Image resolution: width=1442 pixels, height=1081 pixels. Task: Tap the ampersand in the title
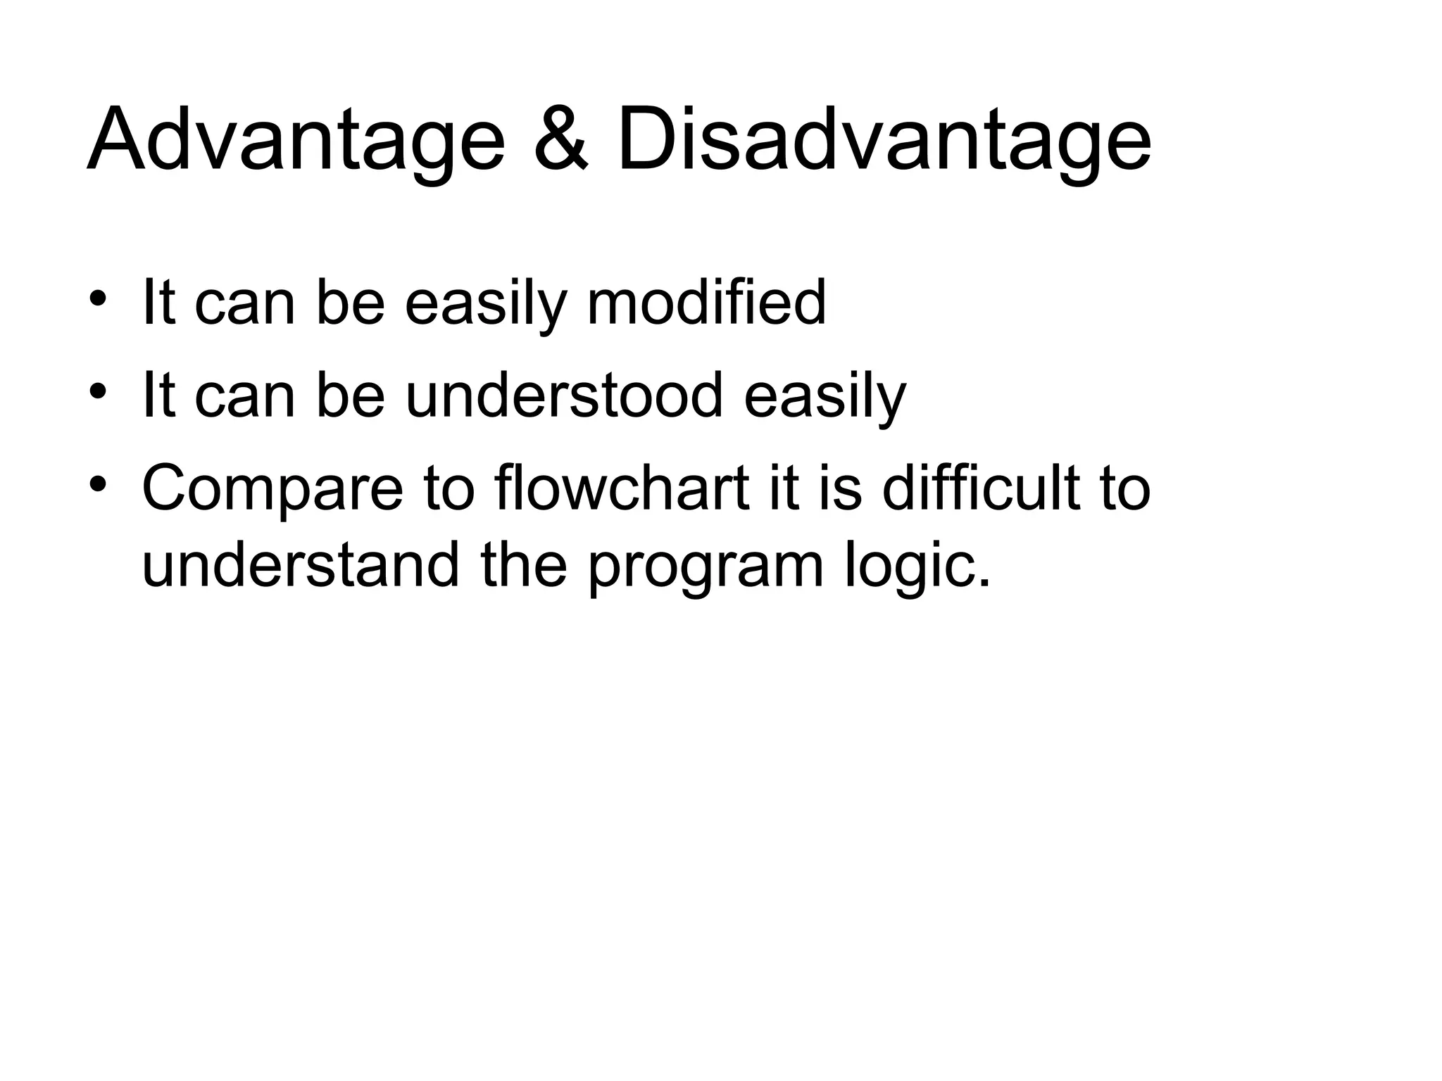[x=560, y=139]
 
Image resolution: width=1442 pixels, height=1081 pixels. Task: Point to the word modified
[x=706, y=303]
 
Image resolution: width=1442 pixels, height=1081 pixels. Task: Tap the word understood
[x=565, y=395]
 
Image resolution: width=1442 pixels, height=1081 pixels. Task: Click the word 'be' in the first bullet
[x=351, y=303]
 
